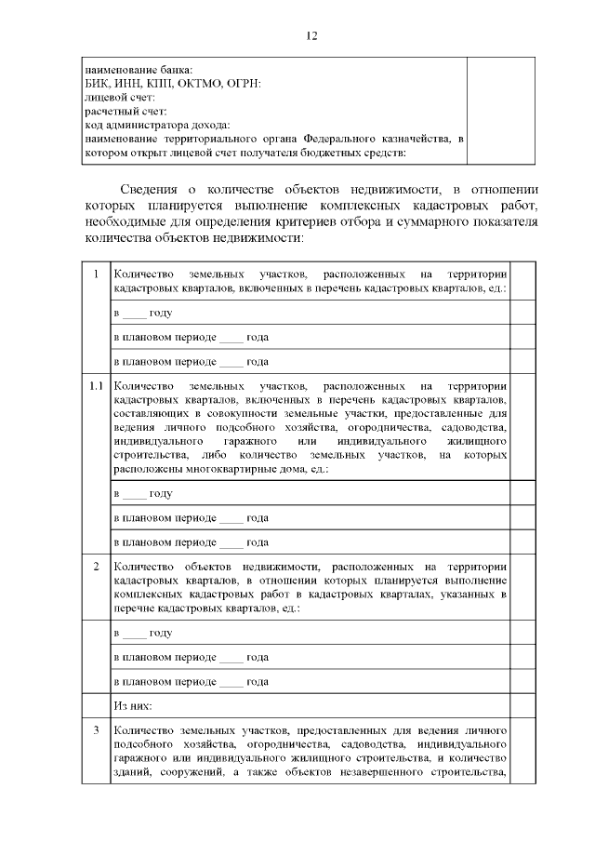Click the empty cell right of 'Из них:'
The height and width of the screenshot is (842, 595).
coord(523,707)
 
